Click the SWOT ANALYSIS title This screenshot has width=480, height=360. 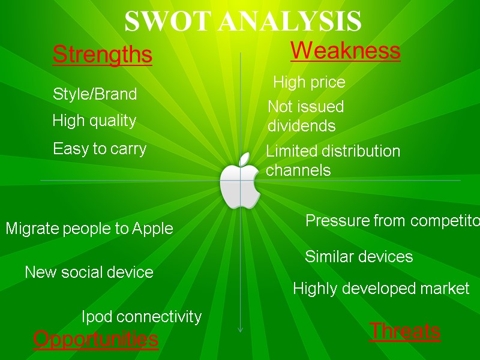tap(242, 22)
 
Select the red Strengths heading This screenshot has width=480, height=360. tap(102, 55)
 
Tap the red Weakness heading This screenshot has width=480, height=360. tap(345, 51)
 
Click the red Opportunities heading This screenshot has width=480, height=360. tap(95, 339)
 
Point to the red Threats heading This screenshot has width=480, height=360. tap(404, 331)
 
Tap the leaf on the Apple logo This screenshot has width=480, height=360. tap(244, 159)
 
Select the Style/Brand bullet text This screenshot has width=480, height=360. tap(95, 94)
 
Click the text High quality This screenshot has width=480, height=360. tap(94, 121)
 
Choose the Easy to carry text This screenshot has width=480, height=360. tap(100, 149)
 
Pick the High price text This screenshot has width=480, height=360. tap(309, 82)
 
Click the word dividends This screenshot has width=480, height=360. tap(301, 127)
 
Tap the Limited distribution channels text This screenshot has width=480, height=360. tap(332, 160)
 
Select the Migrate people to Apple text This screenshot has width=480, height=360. tap(89, 229)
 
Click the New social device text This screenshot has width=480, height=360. tap(89, 272)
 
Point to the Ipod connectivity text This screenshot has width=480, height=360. tap(141, 316)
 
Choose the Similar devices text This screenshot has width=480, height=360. tap(359, 257)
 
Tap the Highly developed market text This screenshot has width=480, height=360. tap(380, 289)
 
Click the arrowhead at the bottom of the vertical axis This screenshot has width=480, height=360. tap(240, 328)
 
